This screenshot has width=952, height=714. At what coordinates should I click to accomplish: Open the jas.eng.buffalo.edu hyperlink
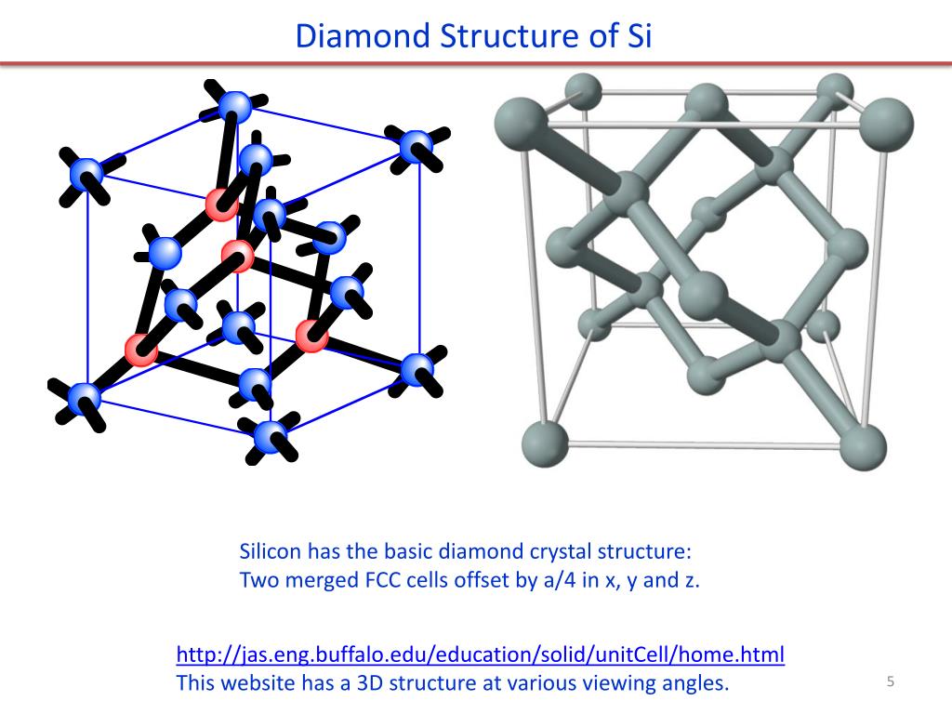click(480, 654)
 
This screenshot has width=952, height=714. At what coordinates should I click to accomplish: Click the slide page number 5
click(890, 682)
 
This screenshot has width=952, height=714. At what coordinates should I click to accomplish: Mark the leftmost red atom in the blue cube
click(142, 350)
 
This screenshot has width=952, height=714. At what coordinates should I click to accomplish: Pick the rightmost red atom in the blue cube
click(311, 336)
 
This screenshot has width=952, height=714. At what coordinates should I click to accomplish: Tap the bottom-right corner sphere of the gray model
click(864, 447)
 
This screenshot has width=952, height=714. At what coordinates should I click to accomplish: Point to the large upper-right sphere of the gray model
click(888, 123)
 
